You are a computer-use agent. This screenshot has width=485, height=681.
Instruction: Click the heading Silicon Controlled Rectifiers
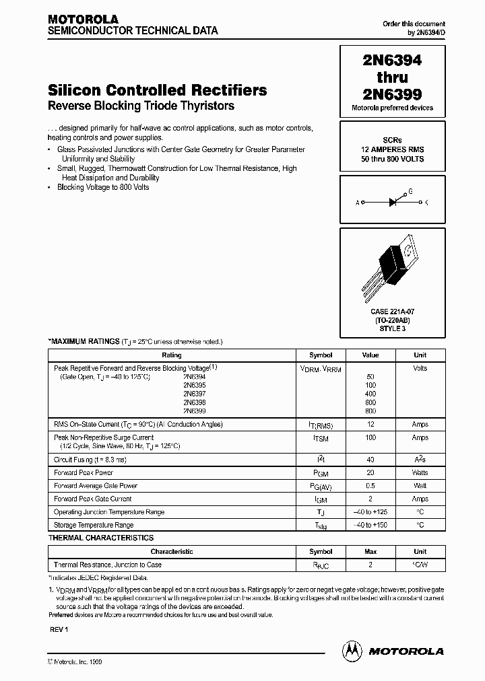[x=158, y=90]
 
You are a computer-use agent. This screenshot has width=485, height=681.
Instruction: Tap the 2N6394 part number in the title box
[x=392, y=61]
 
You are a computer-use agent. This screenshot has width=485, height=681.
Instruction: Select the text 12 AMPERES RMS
[x=392, y=149]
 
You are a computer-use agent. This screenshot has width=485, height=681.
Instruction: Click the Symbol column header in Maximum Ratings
[x=321, y=355]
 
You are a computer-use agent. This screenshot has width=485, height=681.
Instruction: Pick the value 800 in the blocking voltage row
[x=370, y=411]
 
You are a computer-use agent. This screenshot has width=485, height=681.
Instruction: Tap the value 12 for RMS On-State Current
[x=370, y=425]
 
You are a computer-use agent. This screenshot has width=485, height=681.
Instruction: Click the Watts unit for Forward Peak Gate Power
[x=420, y=473]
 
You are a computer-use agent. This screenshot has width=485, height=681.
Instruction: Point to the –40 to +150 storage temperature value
[x=370, y=525]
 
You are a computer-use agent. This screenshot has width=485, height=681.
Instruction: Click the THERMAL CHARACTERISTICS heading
[x=101, y=538]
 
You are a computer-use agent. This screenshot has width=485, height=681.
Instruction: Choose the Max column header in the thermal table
[x=370, y=552]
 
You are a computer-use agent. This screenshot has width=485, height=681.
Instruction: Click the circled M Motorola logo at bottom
[x=352, y=651]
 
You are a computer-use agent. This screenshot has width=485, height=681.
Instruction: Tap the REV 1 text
[x=59, y=629]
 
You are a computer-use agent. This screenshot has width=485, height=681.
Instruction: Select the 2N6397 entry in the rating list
[x=195, y=394]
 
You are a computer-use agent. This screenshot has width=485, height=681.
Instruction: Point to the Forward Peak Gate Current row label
[x=92, y=499]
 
